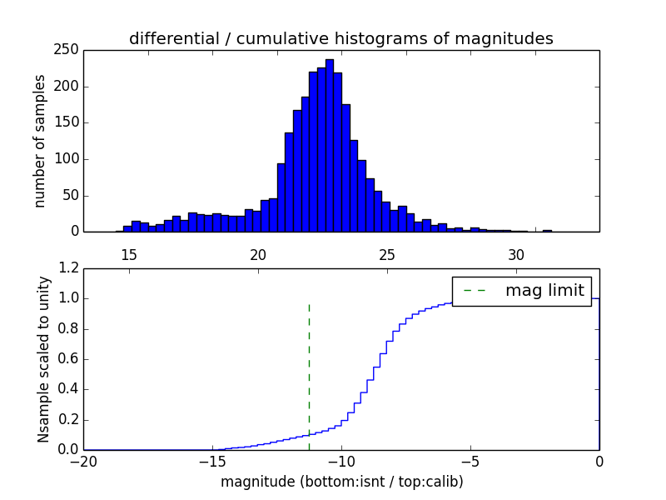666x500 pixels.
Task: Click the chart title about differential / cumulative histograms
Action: coord(340,38)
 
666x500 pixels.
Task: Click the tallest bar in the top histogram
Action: coord(330,146)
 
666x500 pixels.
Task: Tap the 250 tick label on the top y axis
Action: coord(68,50)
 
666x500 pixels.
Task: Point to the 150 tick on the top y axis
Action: coord(68,122)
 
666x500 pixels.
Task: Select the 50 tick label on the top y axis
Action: coord(72,195)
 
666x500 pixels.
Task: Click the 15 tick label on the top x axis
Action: coord(129,255)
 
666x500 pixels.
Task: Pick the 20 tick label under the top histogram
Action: coord(258,255)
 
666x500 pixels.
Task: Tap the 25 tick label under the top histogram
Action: coord(387,255)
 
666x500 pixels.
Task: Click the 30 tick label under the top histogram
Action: coord(516,255)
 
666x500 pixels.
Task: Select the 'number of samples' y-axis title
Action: coord(40,140)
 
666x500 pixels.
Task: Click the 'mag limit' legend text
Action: coord(544,291)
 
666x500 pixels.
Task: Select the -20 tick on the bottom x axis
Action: coord(83,462)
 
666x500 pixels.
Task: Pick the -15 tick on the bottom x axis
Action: coord(212,462)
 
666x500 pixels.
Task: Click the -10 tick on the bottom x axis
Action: coord(341,462)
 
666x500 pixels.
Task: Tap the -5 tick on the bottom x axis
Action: coord(470,462)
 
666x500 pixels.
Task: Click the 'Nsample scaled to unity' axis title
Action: coord(43,359)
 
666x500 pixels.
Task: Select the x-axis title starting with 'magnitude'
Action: coord(341,482)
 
